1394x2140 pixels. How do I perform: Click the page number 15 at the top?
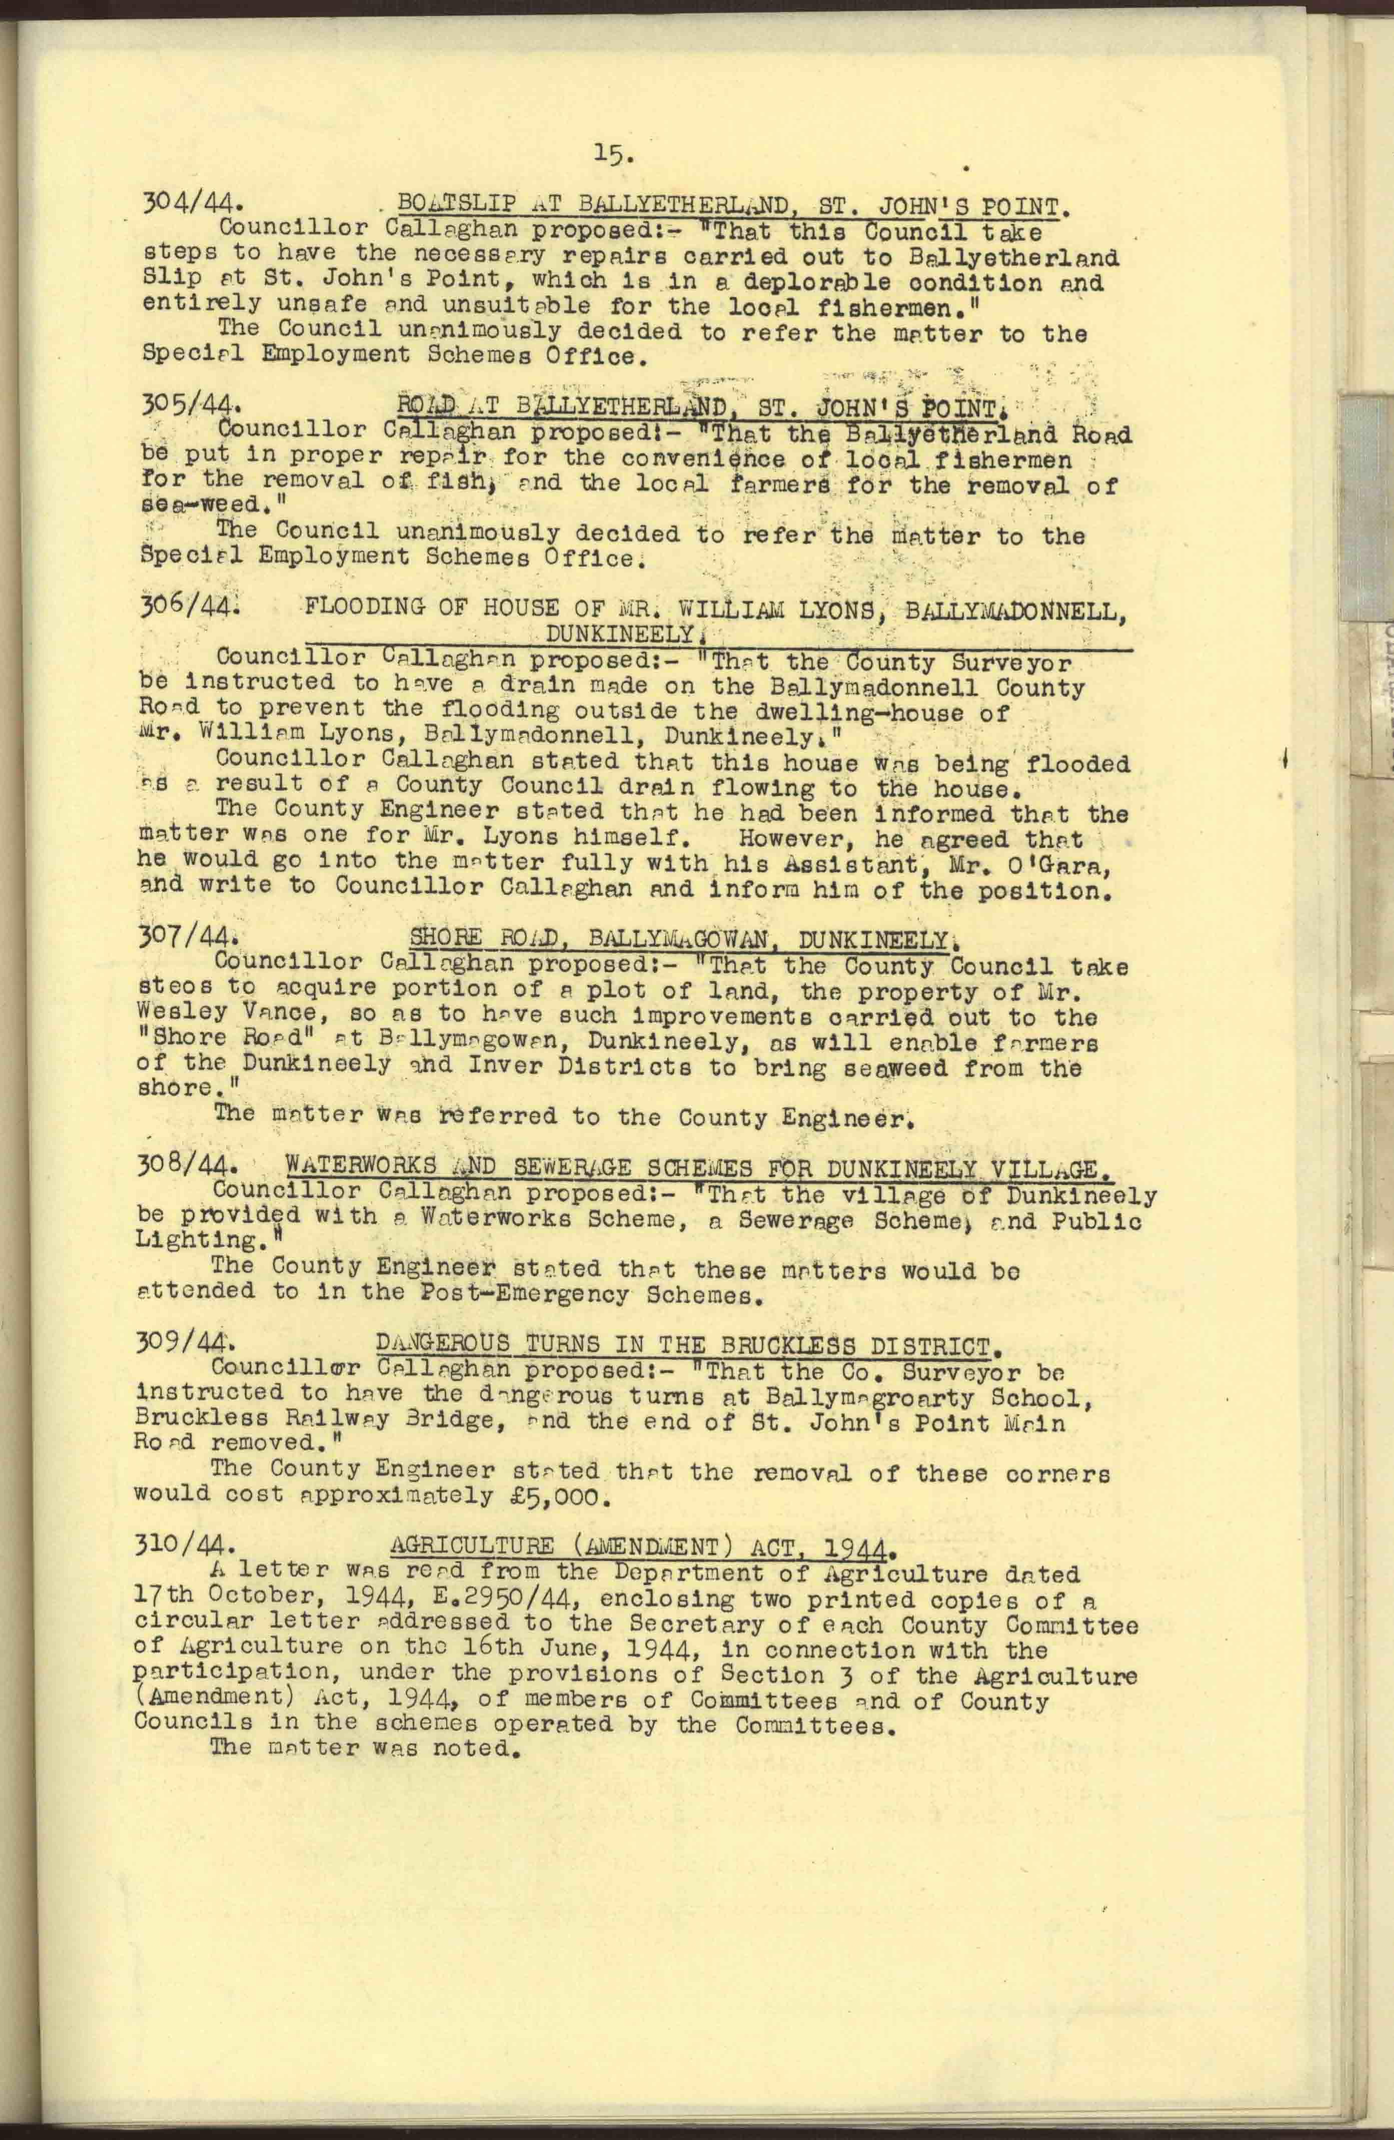click(x=614, y=156)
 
